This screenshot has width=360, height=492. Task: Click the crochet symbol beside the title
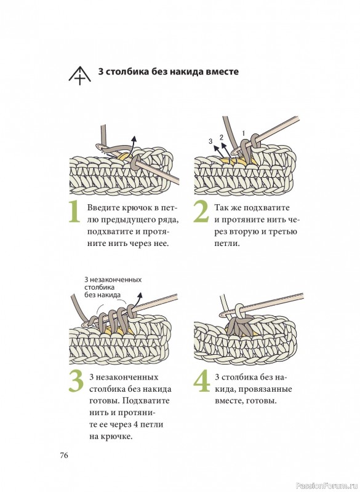[80, 76]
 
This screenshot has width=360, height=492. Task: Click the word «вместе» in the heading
[222, 71]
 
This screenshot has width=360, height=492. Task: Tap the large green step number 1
[74, 212]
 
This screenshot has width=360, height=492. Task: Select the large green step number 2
[201, 212]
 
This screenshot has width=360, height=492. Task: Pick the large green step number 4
[201, 381]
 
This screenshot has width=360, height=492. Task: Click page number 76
[64, 455]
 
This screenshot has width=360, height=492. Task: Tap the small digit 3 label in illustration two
[210, 141]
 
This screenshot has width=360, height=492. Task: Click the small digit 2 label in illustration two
[222, 137]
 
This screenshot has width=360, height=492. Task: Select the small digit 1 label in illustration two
[243, 133]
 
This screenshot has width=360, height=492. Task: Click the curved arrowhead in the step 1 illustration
[134, 140]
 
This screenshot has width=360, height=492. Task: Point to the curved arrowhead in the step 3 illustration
[140, 296]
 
